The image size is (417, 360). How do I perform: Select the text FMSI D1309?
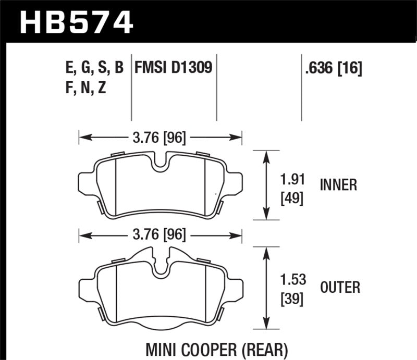click(174, 68)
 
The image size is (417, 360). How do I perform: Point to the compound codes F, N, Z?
click(83, 88)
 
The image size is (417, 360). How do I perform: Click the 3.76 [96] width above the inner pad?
click(161, 138)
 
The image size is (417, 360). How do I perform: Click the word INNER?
click(338, 185)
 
